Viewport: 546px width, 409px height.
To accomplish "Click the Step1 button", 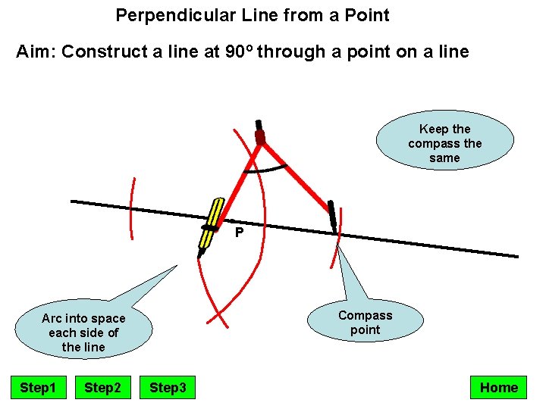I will [x=38, y=388].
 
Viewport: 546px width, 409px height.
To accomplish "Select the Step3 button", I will [x=168, y=388].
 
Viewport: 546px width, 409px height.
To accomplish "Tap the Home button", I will [x=498, y=388].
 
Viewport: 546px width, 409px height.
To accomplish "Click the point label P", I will [x=239, y=233].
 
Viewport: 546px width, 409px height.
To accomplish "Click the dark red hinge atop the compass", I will [x=260, y=136].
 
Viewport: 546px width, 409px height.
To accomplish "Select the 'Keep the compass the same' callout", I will [x=444, y=143].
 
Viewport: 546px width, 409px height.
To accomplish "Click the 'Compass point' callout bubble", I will [x=365, y=323].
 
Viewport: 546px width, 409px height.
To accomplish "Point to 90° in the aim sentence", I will [x=240, y=52].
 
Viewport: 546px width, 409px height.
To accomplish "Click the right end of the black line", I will [x=516, y=256].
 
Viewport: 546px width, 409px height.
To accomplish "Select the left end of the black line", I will [x=74, y=201].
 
